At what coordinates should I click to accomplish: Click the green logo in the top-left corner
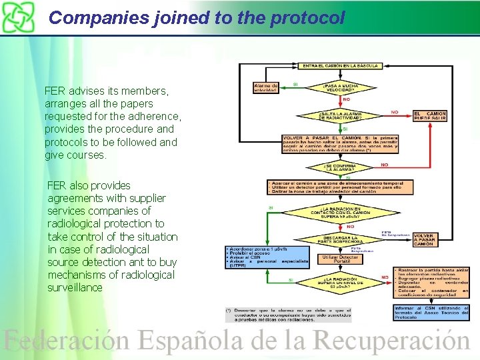tap(17, 17)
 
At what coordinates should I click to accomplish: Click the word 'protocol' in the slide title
tap(307, 18)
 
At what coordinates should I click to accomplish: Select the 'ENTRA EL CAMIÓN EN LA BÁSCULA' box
tap(341, 66)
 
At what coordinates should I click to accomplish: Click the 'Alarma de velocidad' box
tap(267, 87)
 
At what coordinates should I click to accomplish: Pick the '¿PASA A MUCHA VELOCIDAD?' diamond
tap(342, 87)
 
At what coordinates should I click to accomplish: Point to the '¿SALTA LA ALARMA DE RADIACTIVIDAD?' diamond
tap(341, 116)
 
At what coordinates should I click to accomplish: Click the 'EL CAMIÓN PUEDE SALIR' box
tap(431, 116)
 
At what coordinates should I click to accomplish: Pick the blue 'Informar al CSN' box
tap(431, 312)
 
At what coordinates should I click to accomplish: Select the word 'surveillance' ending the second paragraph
tap(75, 287)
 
